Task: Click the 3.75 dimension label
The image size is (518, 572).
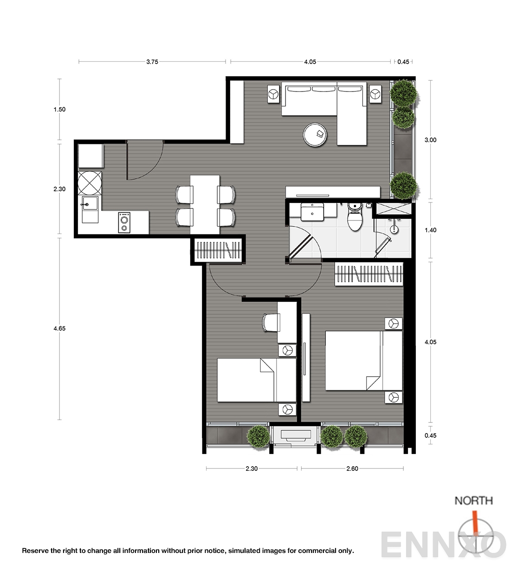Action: pos(152,62)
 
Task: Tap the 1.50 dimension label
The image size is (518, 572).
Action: pos(59,110)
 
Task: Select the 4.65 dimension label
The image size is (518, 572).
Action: pos(59,329)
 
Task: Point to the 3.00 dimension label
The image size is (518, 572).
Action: pos(430,140)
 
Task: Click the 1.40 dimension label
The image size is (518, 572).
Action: pos(430,230)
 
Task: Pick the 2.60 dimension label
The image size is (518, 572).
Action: pos(352,469)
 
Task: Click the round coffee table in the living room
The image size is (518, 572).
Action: pos(315,135)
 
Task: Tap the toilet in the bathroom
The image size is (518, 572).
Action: pos(355,217)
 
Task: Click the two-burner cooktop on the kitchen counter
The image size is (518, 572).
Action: pos(124,223)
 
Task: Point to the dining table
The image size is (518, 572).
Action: pos(205,204)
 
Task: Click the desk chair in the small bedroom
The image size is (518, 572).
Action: pos(271,323)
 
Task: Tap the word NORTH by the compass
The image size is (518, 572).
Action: pos(473,500)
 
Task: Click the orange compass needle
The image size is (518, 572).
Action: pos(475,521)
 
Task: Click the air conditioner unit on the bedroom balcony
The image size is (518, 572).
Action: pos(296,435)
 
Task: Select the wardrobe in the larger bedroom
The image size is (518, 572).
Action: pos(369,274)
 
